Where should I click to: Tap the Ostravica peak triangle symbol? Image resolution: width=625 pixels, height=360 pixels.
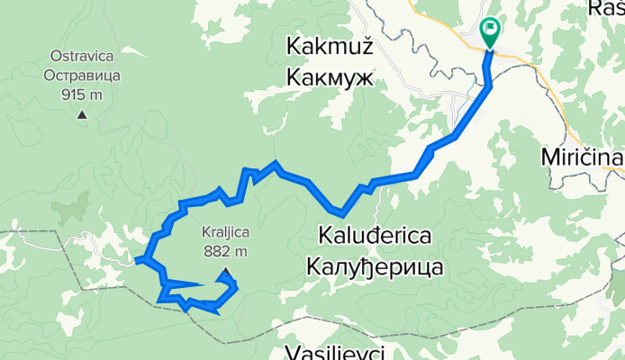click(x=82, y=113)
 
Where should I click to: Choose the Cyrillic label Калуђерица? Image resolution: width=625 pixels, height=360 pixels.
click(x=372, y=267)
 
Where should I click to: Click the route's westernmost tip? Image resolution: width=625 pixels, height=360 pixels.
click(x=140, y=261)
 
